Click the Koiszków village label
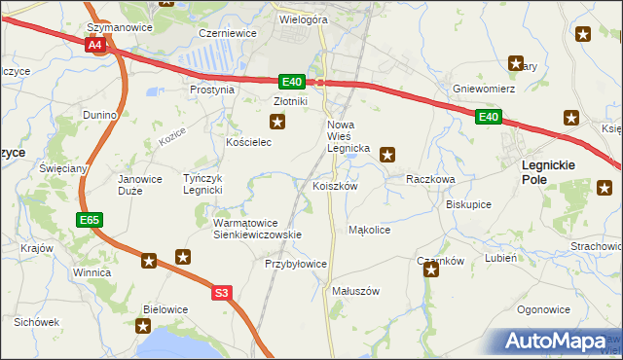[x=336, y=186]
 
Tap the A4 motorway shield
[x=94, y=45]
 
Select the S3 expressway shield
[x=222, y=292]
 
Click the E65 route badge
[x=90, y=221]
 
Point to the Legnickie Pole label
[x=548, y=172]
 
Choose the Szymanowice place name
[x=120, y=28]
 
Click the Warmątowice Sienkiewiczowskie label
[x=258, y=229]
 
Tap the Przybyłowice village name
[x=296, y=264]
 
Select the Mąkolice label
[x=369, y=231]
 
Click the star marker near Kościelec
[x=278, y=122]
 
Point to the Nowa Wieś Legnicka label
[x=346, y=136]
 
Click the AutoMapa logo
[x=556, y=342]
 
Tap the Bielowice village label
[x=165, y=309]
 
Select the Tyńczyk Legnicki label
[x=204, y=184]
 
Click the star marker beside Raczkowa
[x=387, y=153]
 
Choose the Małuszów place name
[x=354, y=291]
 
